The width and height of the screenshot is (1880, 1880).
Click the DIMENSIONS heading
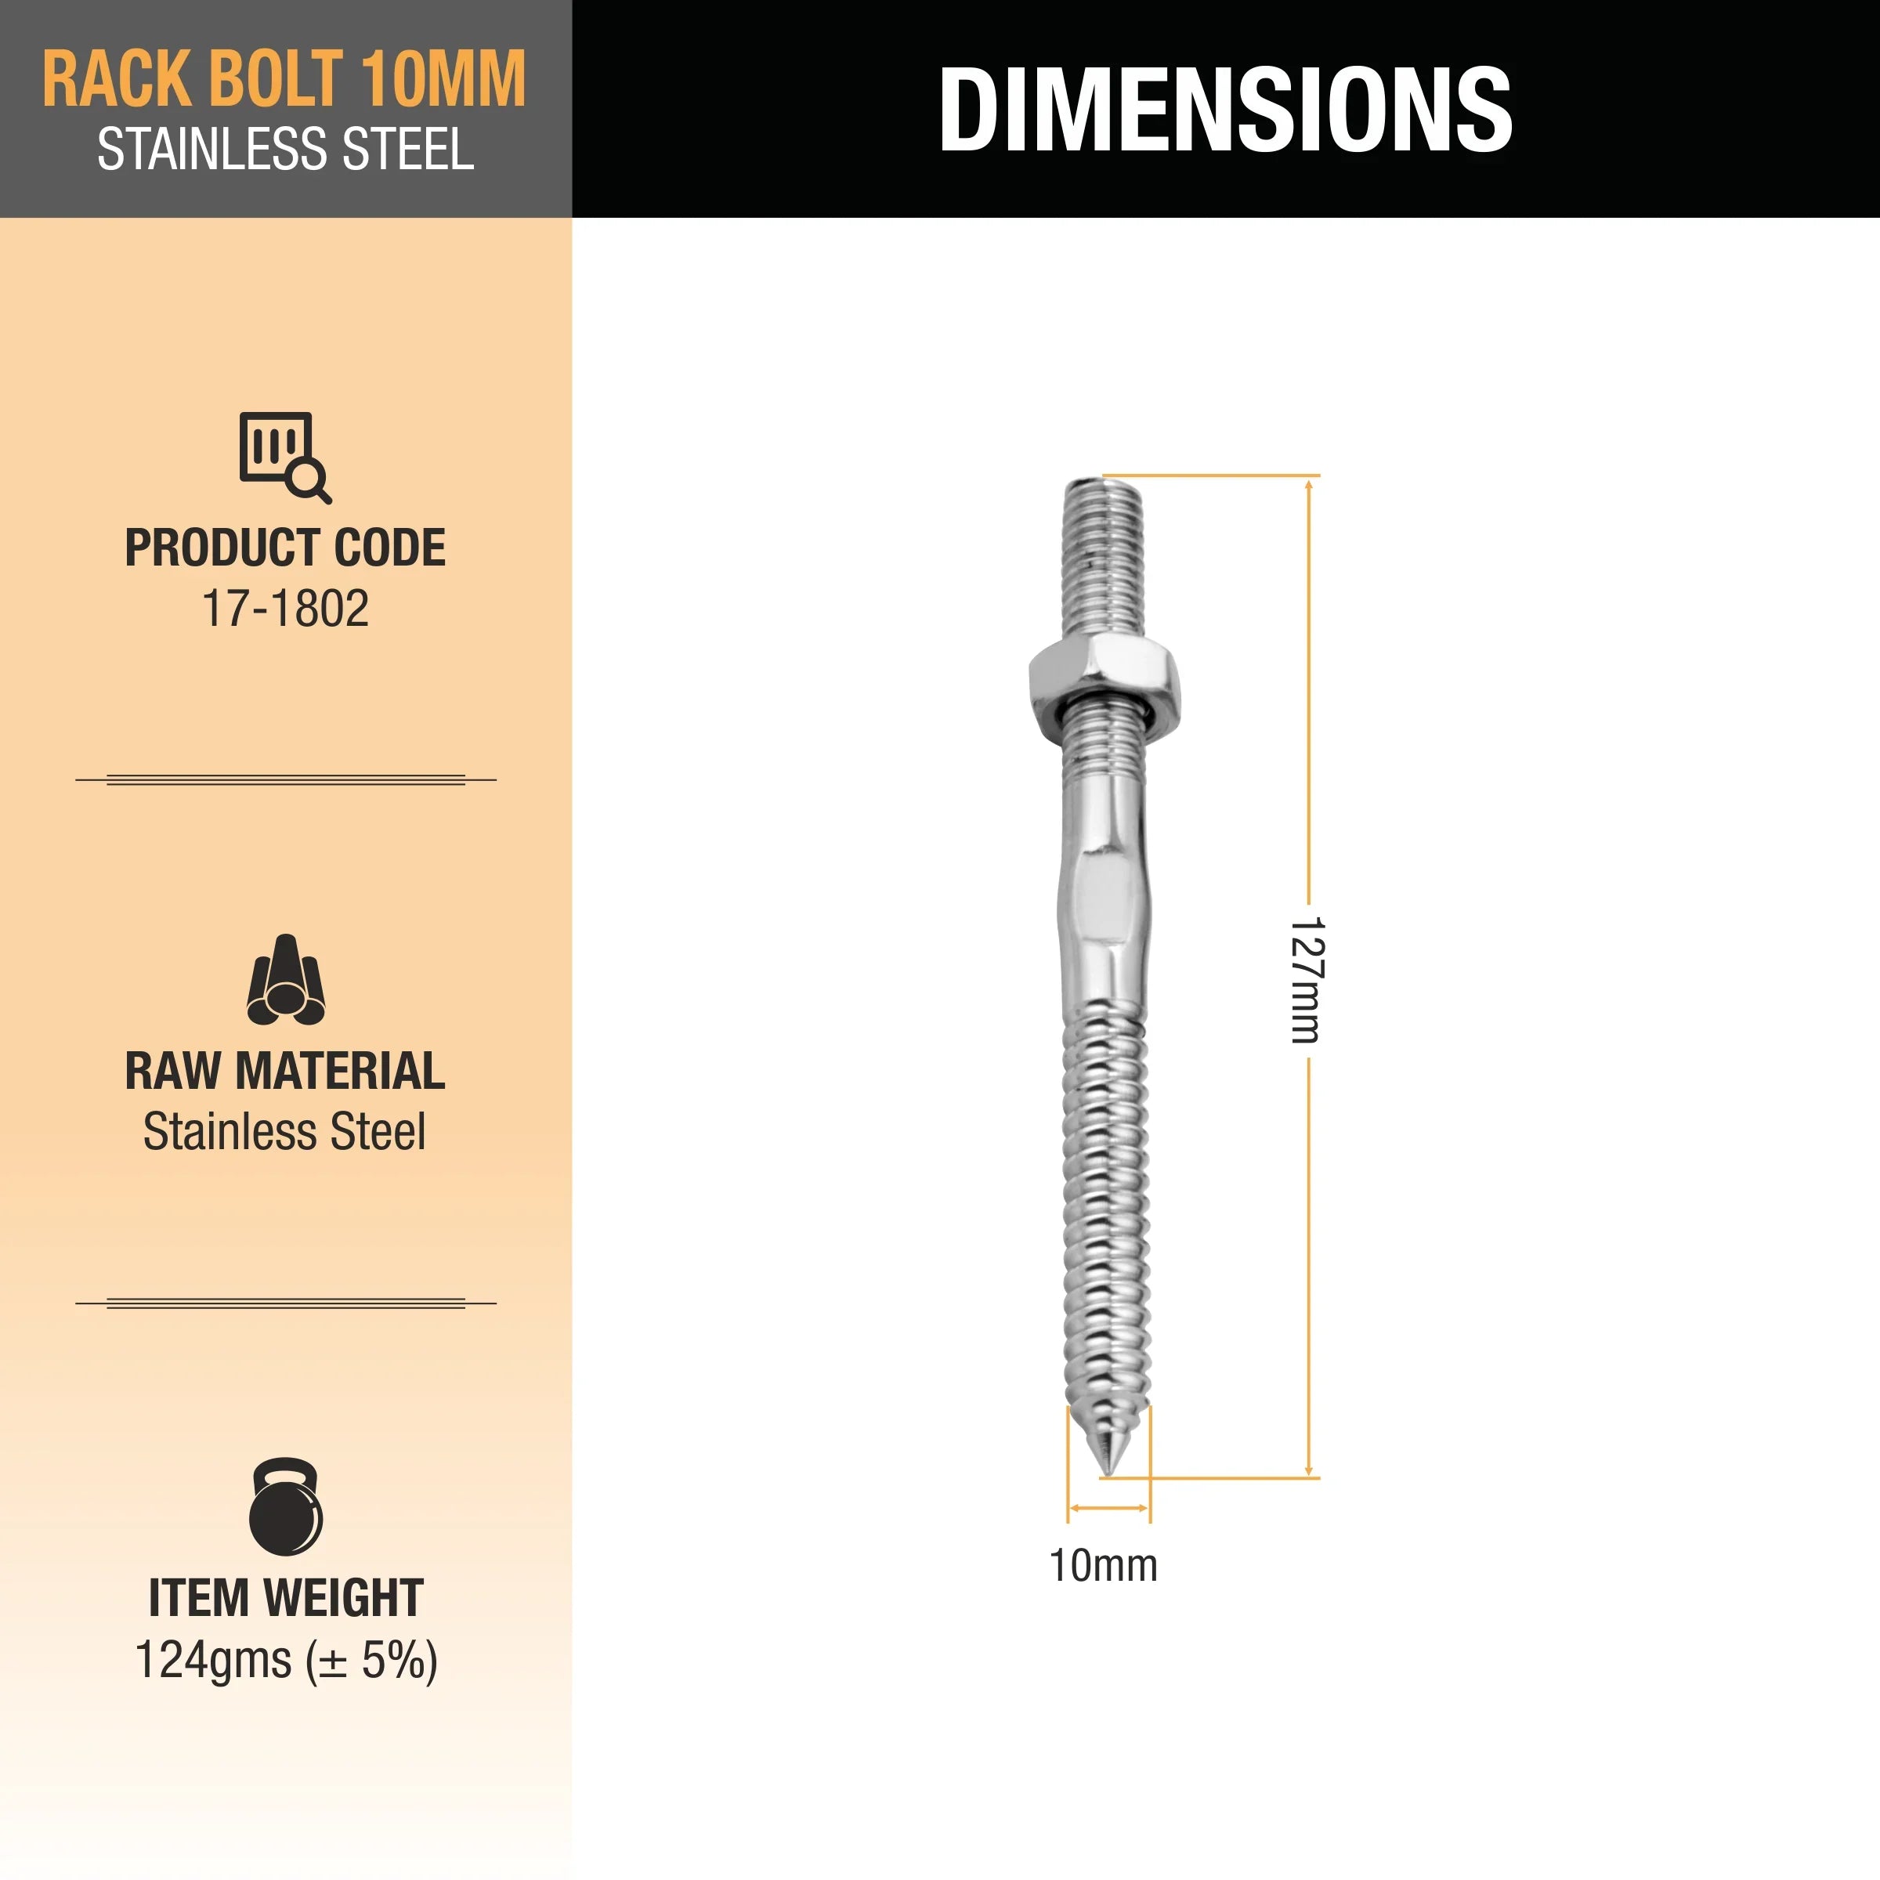[1224, 109]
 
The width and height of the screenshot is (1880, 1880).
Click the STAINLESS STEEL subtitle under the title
[285, 151]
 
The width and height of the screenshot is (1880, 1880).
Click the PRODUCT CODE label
[285, 548]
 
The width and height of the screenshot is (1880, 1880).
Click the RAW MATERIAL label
[285, 1072]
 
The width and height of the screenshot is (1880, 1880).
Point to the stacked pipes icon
[285, 981]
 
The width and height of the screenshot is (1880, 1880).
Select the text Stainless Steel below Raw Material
[284, 1132]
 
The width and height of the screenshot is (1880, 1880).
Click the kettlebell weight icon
[285, 1506]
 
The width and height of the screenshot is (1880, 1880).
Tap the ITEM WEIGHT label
[285, 1599]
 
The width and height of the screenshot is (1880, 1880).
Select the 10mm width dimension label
[1102, 1567]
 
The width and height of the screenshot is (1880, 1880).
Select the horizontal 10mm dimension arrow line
[1108, 1508]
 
